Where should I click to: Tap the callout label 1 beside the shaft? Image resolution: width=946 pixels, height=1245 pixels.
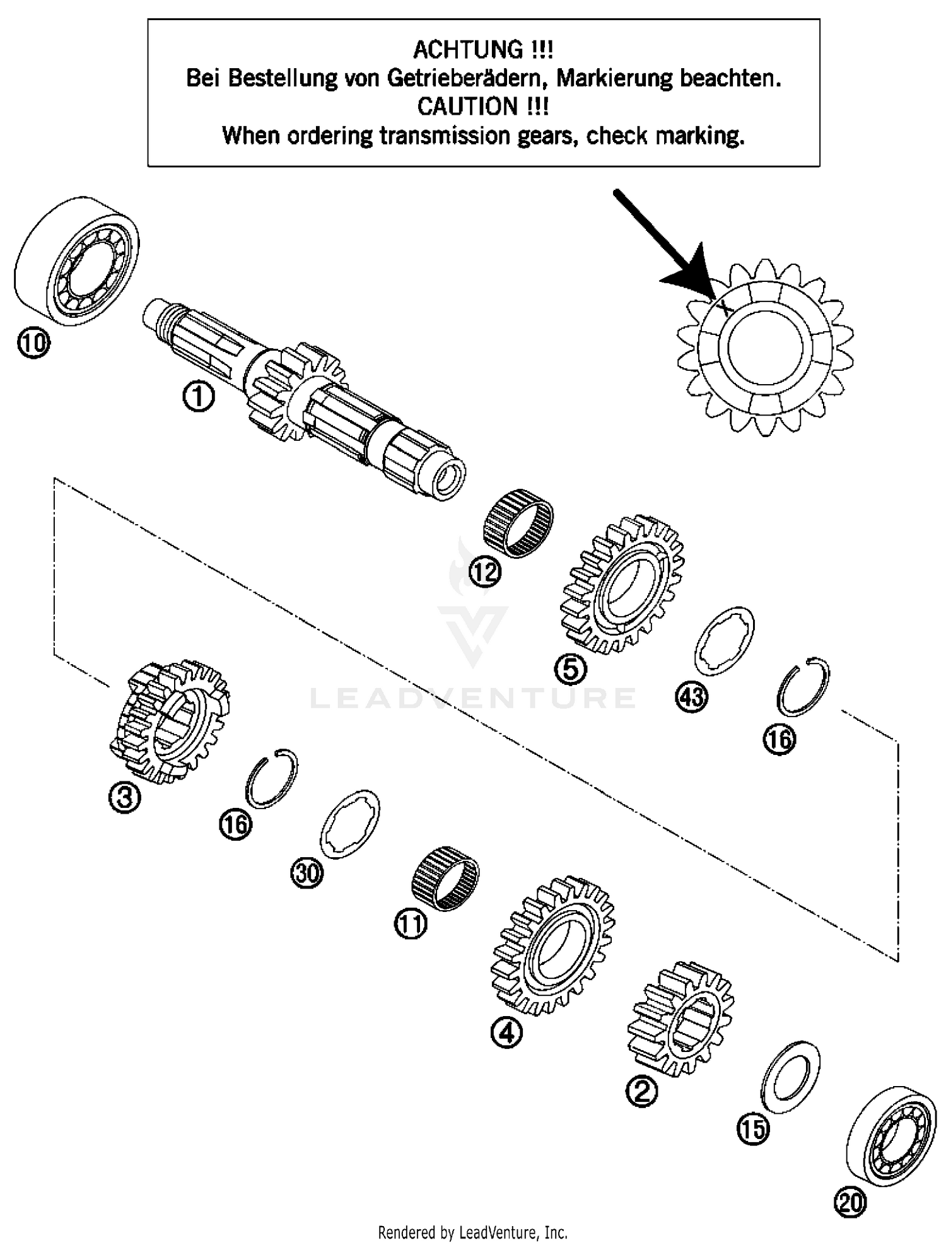tap(198, 397)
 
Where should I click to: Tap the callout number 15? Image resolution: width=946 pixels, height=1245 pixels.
tap(753, 1128)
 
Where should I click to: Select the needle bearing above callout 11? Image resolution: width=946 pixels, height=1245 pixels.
tap(445, 877)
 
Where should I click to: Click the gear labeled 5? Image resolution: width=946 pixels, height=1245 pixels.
tap(621, 583)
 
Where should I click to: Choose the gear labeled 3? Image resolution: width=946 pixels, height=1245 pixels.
tap(169, 722)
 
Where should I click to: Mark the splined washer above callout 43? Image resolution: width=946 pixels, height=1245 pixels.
tap(725, 640)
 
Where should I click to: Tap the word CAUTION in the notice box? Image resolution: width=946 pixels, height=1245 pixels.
tap(464, 107)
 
